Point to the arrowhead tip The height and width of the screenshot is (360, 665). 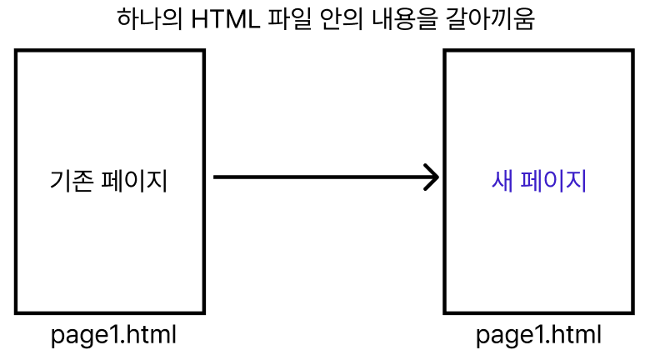[x=437, y=177]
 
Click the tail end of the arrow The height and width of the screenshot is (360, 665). [x=216, y=177]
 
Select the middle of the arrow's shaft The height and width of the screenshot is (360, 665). [x=325, y=177]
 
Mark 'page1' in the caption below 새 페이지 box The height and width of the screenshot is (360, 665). [x=507, y=336]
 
